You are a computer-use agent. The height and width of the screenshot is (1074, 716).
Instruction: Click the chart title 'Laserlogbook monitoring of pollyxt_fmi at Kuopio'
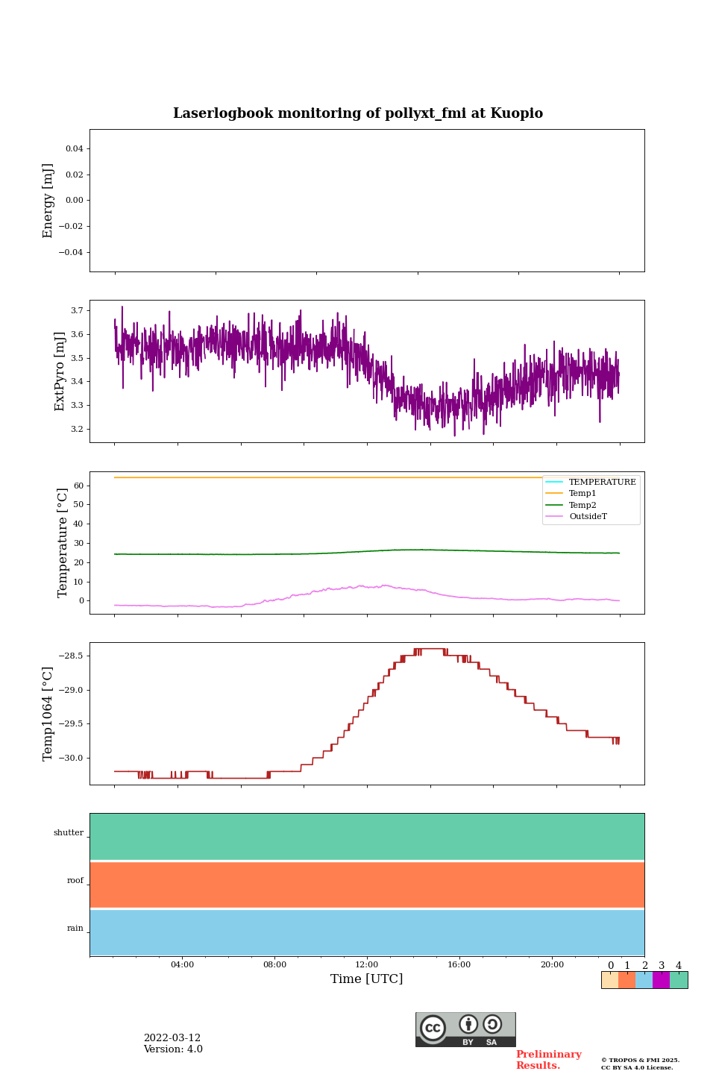pos(358,113)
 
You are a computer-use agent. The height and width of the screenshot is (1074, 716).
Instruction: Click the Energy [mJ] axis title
pos(48,201)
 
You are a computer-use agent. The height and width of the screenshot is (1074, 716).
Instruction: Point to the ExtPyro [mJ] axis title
pos(60,371)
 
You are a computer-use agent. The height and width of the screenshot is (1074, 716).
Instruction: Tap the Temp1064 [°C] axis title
pos(48,714)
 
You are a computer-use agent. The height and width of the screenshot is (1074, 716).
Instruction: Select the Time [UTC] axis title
pos(366,979)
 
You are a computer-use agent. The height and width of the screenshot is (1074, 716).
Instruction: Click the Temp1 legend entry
pos(582,494)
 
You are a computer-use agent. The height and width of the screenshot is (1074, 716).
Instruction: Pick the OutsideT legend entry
pos(588,516)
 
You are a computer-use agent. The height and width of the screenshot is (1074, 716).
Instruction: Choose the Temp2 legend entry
pos(582,505)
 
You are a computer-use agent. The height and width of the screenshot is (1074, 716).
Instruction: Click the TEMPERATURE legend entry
pos(602,482)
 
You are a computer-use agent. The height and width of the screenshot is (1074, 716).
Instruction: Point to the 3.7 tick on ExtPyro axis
pos(77,310)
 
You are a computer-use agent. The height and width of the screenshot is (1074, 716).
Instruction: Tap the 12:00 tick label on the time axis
pos(367,964)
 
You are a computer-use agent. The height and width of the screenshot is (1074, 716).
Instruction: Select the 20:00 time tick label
pos(552,964)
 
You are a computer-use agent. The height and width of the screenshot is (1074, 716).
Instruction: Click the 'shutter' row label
pos(69,833)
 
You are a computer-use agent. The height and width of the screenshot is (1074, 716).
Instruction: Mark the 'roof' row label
pos(75,881)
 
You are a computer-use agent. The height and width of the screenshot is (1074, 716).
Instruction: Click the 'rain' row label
pos(75,929)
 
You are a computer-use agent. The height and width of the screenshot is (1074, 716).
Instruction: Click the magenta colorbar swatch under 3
pos(661,980)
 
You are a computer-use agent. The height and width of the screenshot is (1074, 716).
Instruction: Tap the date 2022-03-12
pos(172,1038)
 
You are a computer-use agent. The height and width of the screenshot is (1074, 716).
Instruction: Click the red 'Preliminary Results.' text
pos(548,1060)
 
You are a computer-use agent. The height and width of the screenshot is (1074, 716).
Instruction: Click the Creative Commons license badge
pos(465,1029)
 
